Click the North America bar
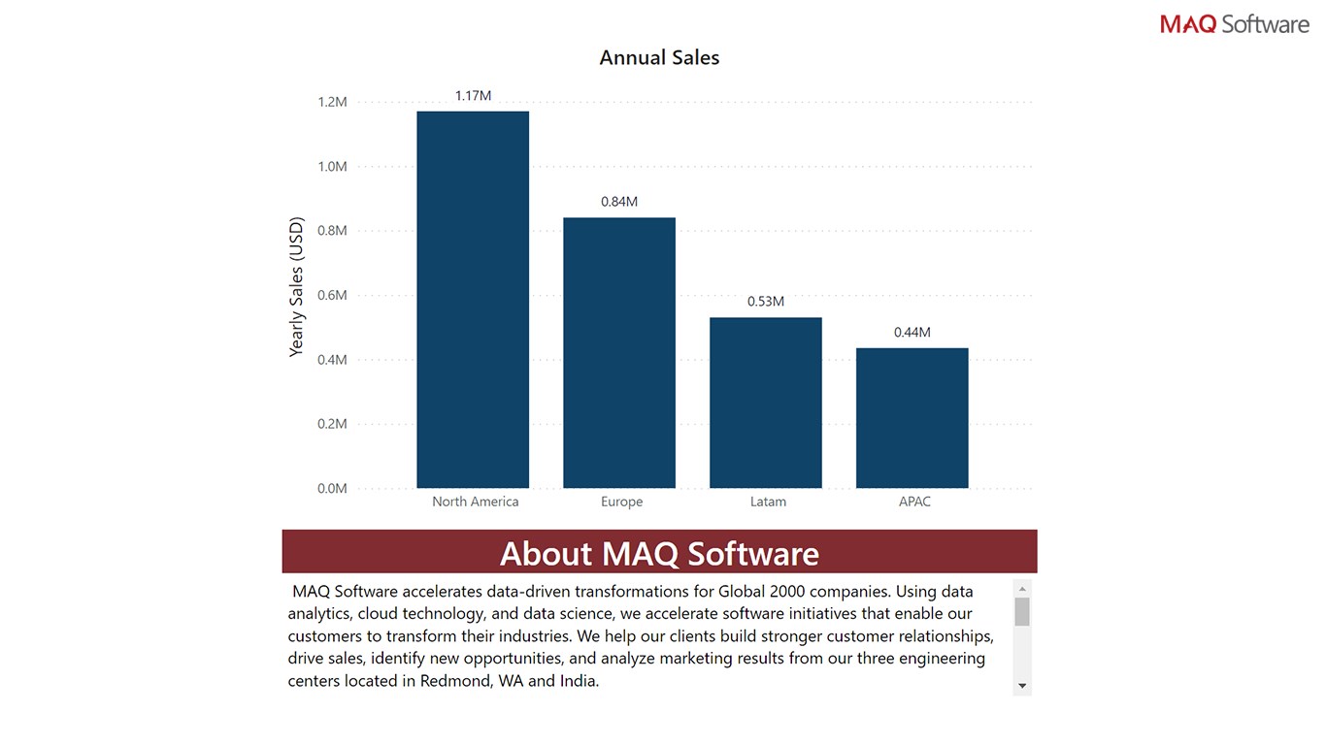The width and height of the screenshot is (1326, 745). click(x=473, y=300)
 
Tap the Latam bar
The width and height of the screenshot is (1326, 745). click(x=766, y=403)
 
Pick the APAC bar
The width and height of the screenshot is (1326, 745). click(x=912, y=418)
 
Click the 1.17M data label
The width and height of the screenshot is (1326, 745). click(x=473, y=96)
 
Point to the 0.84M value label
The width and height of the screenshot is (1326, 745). click(x=619, y=202)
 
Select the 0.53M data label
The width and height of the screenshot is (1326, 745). click(x=766, y=302)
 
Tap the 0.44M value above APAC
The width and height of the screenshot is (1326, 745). click(x=912, y=333)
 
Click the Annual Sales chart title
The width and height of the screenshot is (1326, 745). click(x=659, y=58)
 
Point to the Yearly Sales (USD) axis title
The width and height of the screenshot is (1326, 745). click(x=297, y=287)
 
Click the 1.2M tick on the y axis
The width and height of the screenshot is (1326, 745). click(x=332, y=102)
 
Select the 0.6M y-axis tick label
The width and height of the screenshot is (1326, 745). click(x=332, y=295)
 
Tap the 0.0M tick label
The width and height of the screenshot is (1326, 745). click(x=332, y=488)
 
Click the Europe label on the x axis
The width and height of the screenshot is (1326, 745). click(x=621, y=502)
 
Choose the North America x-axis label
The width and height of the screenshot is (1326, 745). click(x=476, y=502)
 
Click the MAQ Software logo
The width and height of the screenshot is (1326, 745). click(x=1234, y=24)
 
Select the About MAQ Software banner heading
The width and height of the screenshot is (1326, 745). click(x=659, y=553)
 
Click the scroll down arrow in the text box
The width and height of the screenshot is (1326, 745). click(x=1021, y=686)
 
